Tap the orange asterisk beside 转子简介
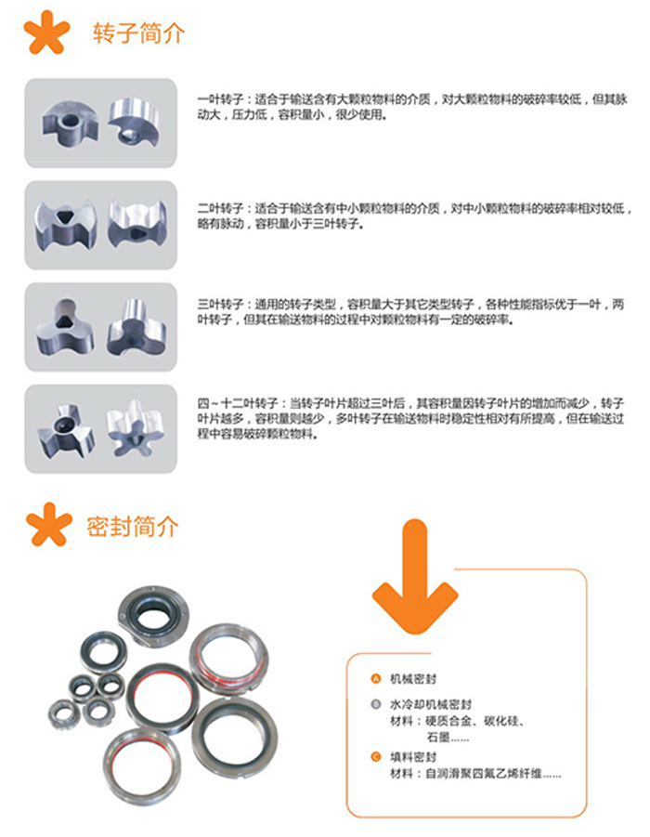[x=46, y=33]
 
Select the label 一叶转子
[x=219, y=98]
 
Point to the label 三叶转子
[x=219, y=304]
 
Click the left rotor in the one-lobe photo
[x=71, y=124]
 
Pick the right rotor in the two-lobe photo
[x=136, y=224]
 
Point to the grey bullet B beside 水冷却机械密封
[x=375, y=705]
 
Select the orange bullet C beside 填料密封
[x=375, y=757]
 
